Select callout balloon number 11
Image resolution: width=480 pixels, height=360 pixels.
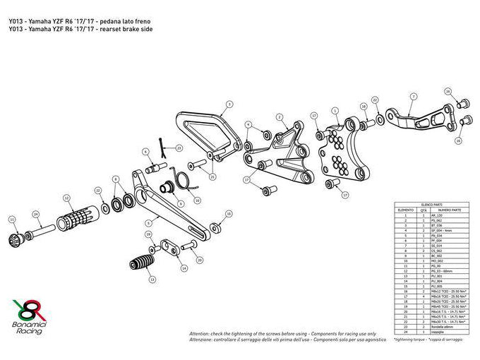coord(11,220)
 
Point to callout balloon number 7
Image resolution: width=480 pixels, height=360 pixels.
coord(410,96)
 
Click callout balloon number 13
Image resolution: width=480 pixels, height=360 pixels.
coord(153,280)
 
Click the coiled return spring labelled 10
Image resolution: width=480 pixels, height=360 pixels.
coord(186,180)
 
